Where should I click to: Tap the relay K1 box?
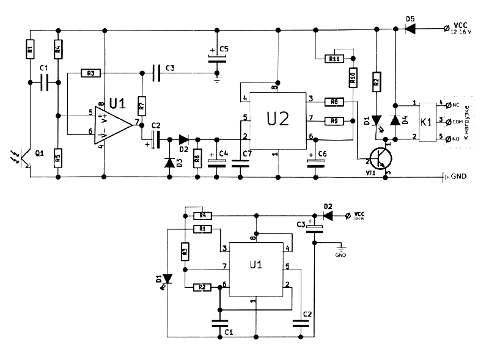[427, 121]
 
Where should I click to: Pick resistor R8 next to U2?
[334, 101]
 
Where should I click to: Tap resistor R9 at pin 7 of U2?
[334, 120]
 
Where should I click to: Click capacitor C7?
[238, 161]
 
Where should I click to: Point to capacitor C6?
[315, 161]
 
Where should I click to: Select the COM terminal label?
[455, 122]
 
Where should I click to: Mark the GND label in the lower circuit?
[340, 254]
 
